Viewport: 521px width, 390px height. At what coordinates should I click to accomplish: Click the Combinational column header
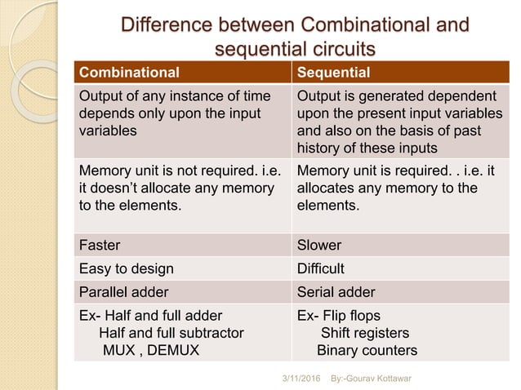(x=127, y=70)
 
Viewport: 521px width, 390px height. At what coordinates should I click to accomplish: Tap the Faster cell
(x=99, y=245)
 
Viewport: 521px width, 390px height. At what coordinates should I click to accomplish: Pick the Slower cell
(x=320, y=245)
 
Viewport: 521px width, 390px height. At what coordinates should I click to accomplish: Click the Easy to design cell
(x=126, y=268)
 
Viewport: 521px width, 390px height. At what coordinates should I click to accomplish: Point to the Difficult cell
(x=321, y=268)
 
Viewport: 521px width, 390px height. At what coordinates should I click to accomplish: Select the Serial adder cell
(x=334, y=291)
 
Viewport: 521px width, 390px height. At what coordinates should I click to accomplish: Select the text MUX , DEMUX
(x=149, y=352)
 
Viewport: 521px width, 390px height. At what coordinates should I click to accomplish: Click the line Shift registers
(x=365, y=334)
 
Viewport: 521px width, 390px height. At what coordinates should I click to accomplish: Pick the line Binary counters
(x=367, y=352)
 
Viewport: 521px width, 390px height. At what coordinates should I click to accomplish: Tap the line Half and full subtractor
(x=171, y=334)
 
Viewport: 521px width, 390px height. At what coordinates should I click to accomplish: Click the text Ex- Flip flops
(x=339, y=316)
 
